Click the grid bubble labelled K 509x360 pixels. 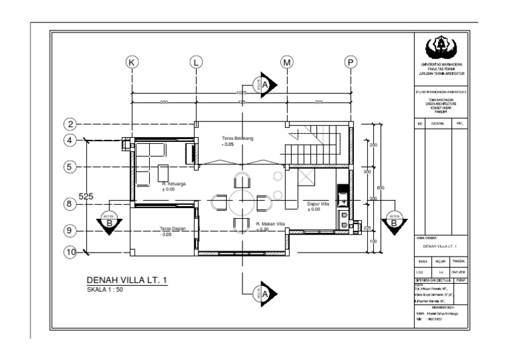pyautogui.click(x=132, y=62)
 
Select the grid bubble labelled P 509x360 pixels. pyautogui.click(x=349, y=62)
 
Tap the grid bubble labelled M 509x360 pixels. pyautogui.click(x=287, y=62)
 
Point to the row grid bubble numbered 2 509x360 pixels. pyautogui.click(x=70, y=124)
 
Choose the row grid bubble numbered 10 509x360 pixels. pyautogui.click(x=70, y=252)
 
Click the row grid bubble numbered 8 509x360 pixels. pyautogui.click(x=70, y=205)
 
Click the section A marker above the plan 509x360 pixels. pyautogui.click(x=266, y=84)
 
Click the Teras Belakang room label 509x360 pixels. pyautogui.click(x=238, y=140)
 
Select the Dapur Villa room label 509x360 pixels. pyautogui.click(x=314, y=206)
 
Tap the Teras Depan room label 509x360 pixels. pyautogui.click(x=173, y=231)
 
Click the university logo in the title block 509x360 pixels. pyautogui.click(x=441, y=47)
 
